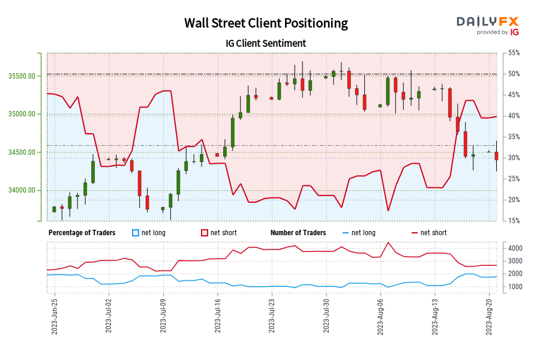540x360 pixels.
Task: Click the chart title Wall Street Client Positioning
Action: (x=266, y=23)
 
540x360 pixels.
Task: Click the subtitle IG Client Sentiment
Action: (x=266, y=43)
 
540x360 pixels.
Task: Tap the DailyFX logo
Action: (x=487, y=21)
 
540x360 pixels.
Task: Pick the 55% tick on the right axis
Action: (x=513, y=53)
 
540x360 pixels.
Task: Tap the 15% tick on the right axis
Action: (x=513, y=221)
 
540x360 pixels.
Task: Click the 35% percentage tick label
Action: (x=513, y=137)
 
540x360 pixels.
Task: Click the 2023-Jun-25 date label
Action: (x=55, y=316)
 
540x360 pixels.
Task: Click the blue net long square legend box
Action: (x=136, y=233)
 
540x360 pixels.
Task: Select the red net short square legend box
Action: (x=205, y=233)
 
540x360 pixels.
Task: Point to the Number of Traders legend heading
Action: (x=298, y=233)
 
